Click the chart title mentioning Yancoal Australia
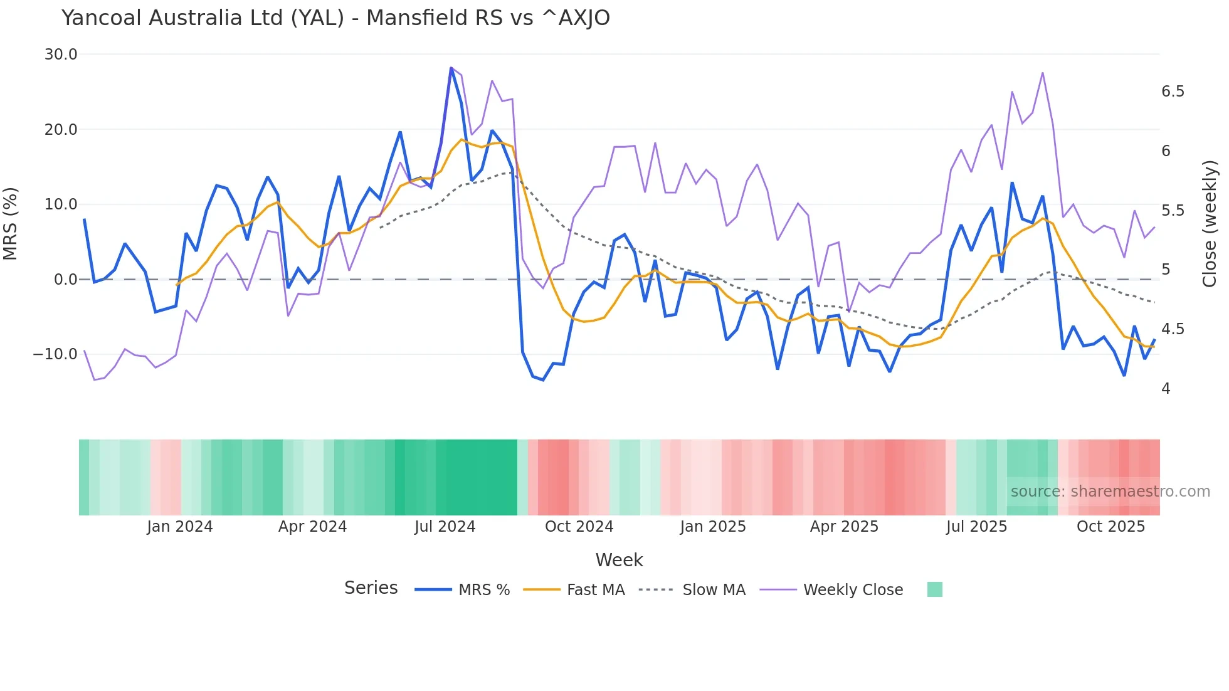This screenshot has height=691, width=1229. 335,18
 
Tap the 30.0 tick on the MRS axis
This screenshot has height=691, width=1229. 61,55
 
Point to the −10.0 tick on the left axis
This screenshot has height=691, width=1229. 55,354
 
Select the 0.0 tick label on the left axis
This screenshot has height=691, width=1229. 65,280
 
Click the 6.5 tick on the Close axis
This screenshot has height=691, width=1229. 1173,92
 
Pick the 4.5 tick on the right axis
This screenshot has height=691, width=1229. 1173,329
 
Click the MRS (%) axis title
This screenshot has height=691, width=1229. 11,224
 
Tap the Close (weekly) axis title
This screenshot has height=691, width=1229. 1210,224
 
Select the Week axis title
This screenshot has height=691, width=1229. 619,560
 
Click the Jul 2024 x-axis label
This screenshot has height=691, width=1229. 445,527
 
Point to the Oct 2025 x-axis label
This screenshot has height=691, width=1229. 1110,527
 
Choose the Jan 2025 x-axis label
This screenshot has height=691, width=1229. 713,527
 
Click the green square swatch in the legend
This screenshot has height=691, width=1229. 934,589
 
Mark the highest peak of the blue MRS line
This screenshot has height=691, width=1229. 451,68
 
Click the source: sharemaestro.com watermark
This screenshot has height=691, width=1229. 1110,492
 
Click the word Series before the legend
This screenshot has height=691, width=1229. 371,588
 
